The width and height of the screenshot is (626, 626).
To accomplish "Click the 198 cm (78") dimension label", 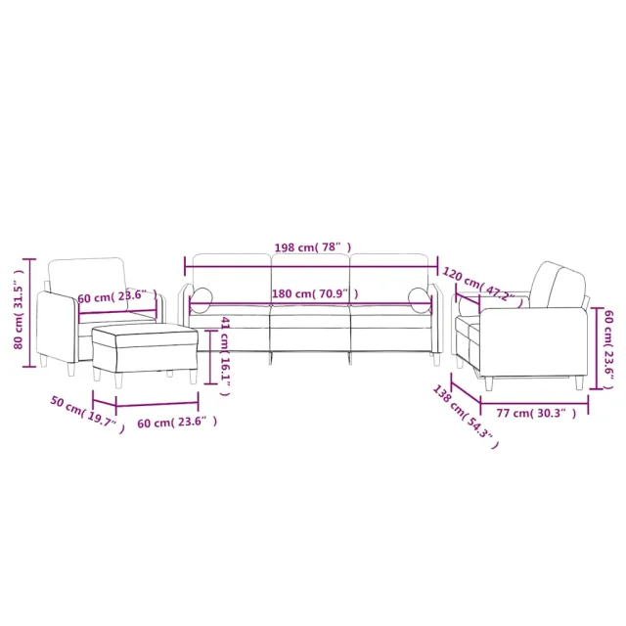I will pos(310,248).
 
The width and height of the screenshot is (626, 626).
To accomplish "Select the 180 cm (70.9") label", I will pos(314,293).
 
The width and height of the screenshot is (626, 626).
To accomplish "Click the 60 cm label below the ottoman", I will pos(176,422).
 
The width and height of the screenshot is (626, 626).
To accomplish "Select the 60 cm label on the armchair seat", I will pos(116,295).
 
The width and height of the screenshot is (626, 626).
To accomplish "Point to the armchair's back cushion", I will pos(86,276).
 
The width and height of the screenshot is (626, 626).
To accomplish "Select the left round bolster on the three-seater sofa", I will pos(201,299).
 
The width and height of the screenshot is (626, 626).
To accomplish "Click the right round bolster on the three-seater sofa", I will pos(420,299).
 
